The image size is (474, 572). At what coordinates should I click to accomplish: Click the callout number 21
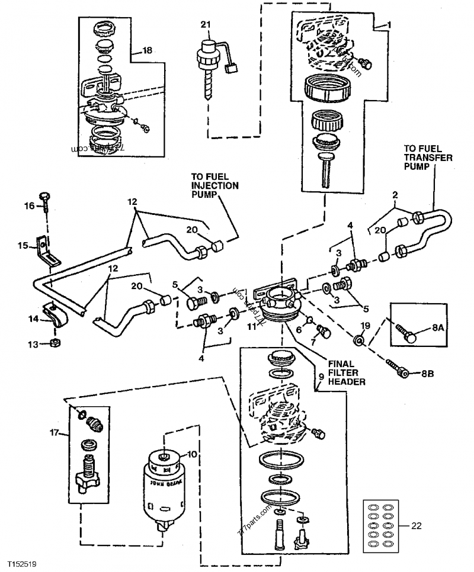coord(205,25)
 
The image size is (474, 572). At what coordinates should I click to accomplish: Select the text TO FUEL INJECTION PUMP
coord(214,185)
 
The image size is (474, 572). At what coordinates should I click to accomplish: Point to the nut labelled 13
coord(55,343)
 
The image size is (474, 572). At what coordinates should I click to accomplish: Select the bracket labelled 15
coord(47,249)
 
